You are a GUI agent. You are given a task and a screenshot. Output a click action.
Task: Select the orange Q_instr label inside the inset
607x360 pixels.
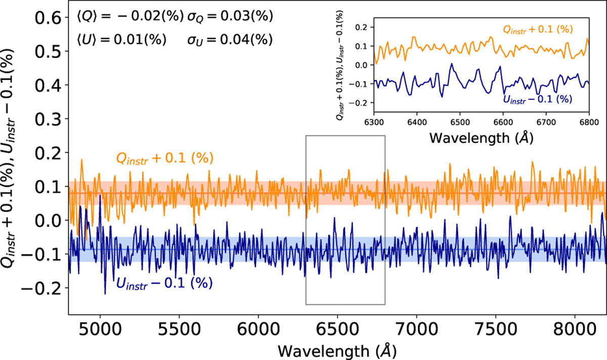click(x=537, y=30)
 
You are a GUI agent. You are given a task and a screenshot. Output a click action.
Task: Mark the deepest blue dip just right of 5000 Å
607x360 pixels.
click(x=105, y=294)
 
